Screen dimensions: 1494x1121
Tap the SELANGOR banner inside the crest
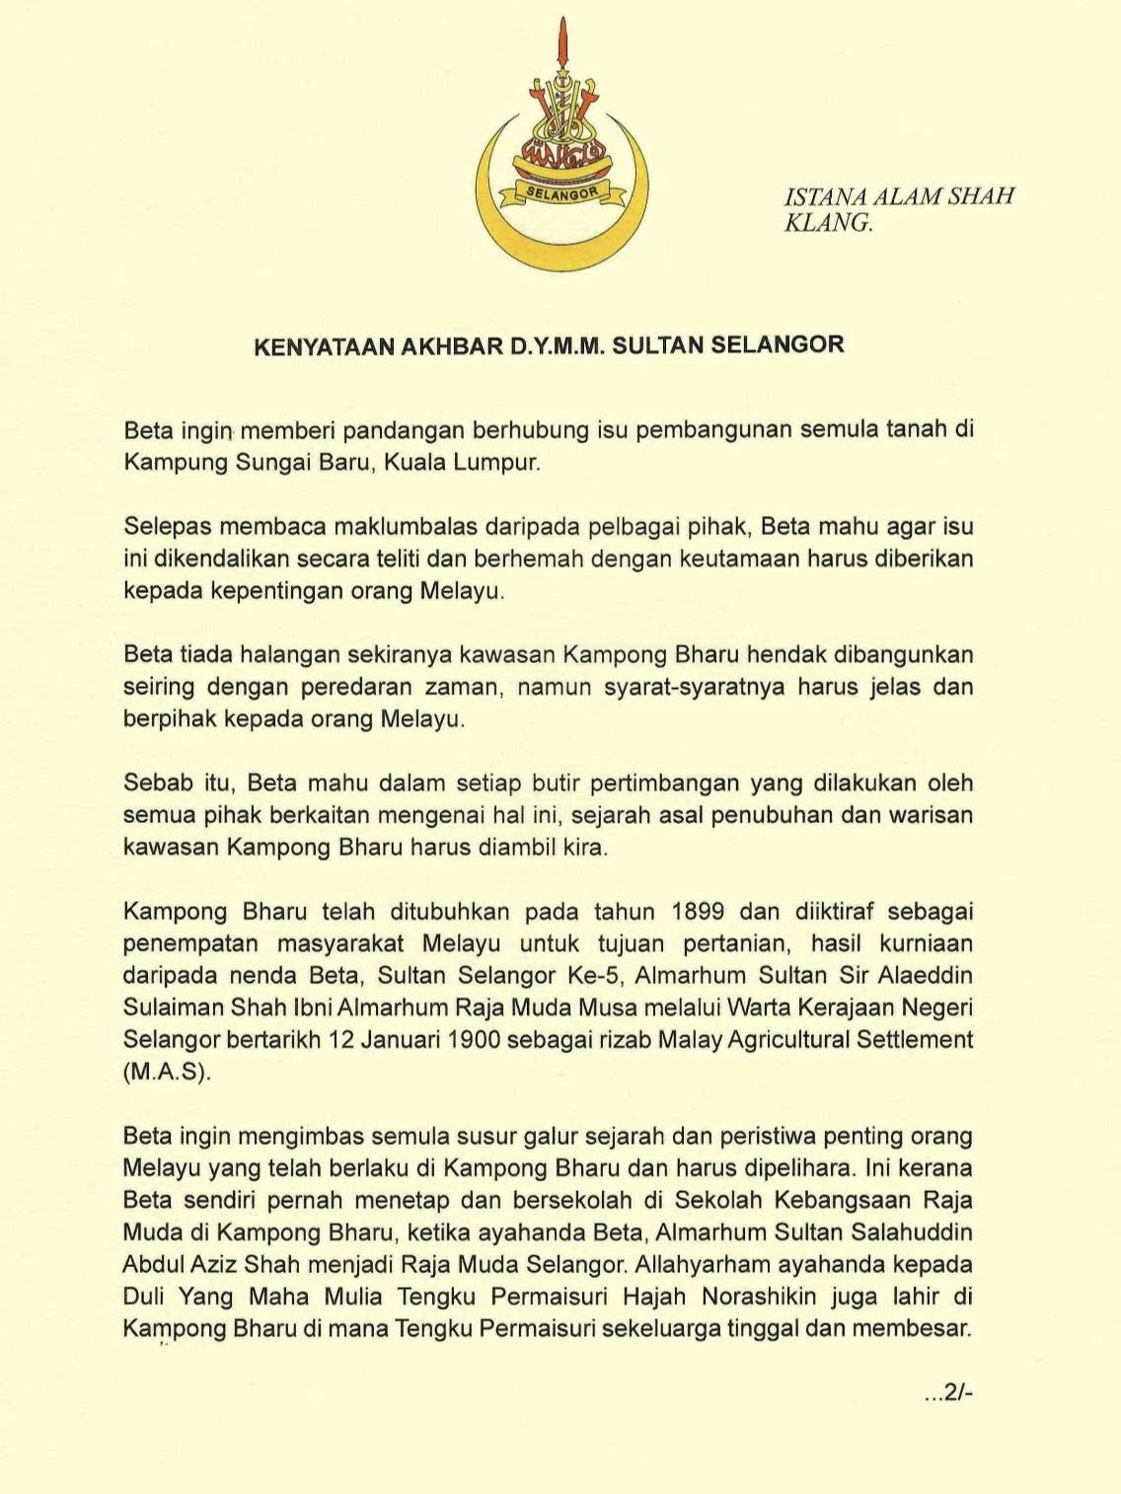[561, 193]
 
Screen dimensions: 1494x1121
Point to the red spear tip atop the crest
[562, 39]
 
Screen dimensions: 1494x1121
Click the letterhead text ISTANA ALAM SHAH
[899, 196]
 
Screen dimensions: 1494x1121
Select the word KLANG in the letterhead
[827, 223]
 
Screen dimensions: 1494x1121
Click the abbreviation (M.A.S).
[166, 1072]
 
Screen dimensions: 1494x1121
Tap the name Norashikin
[766, 1296]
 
